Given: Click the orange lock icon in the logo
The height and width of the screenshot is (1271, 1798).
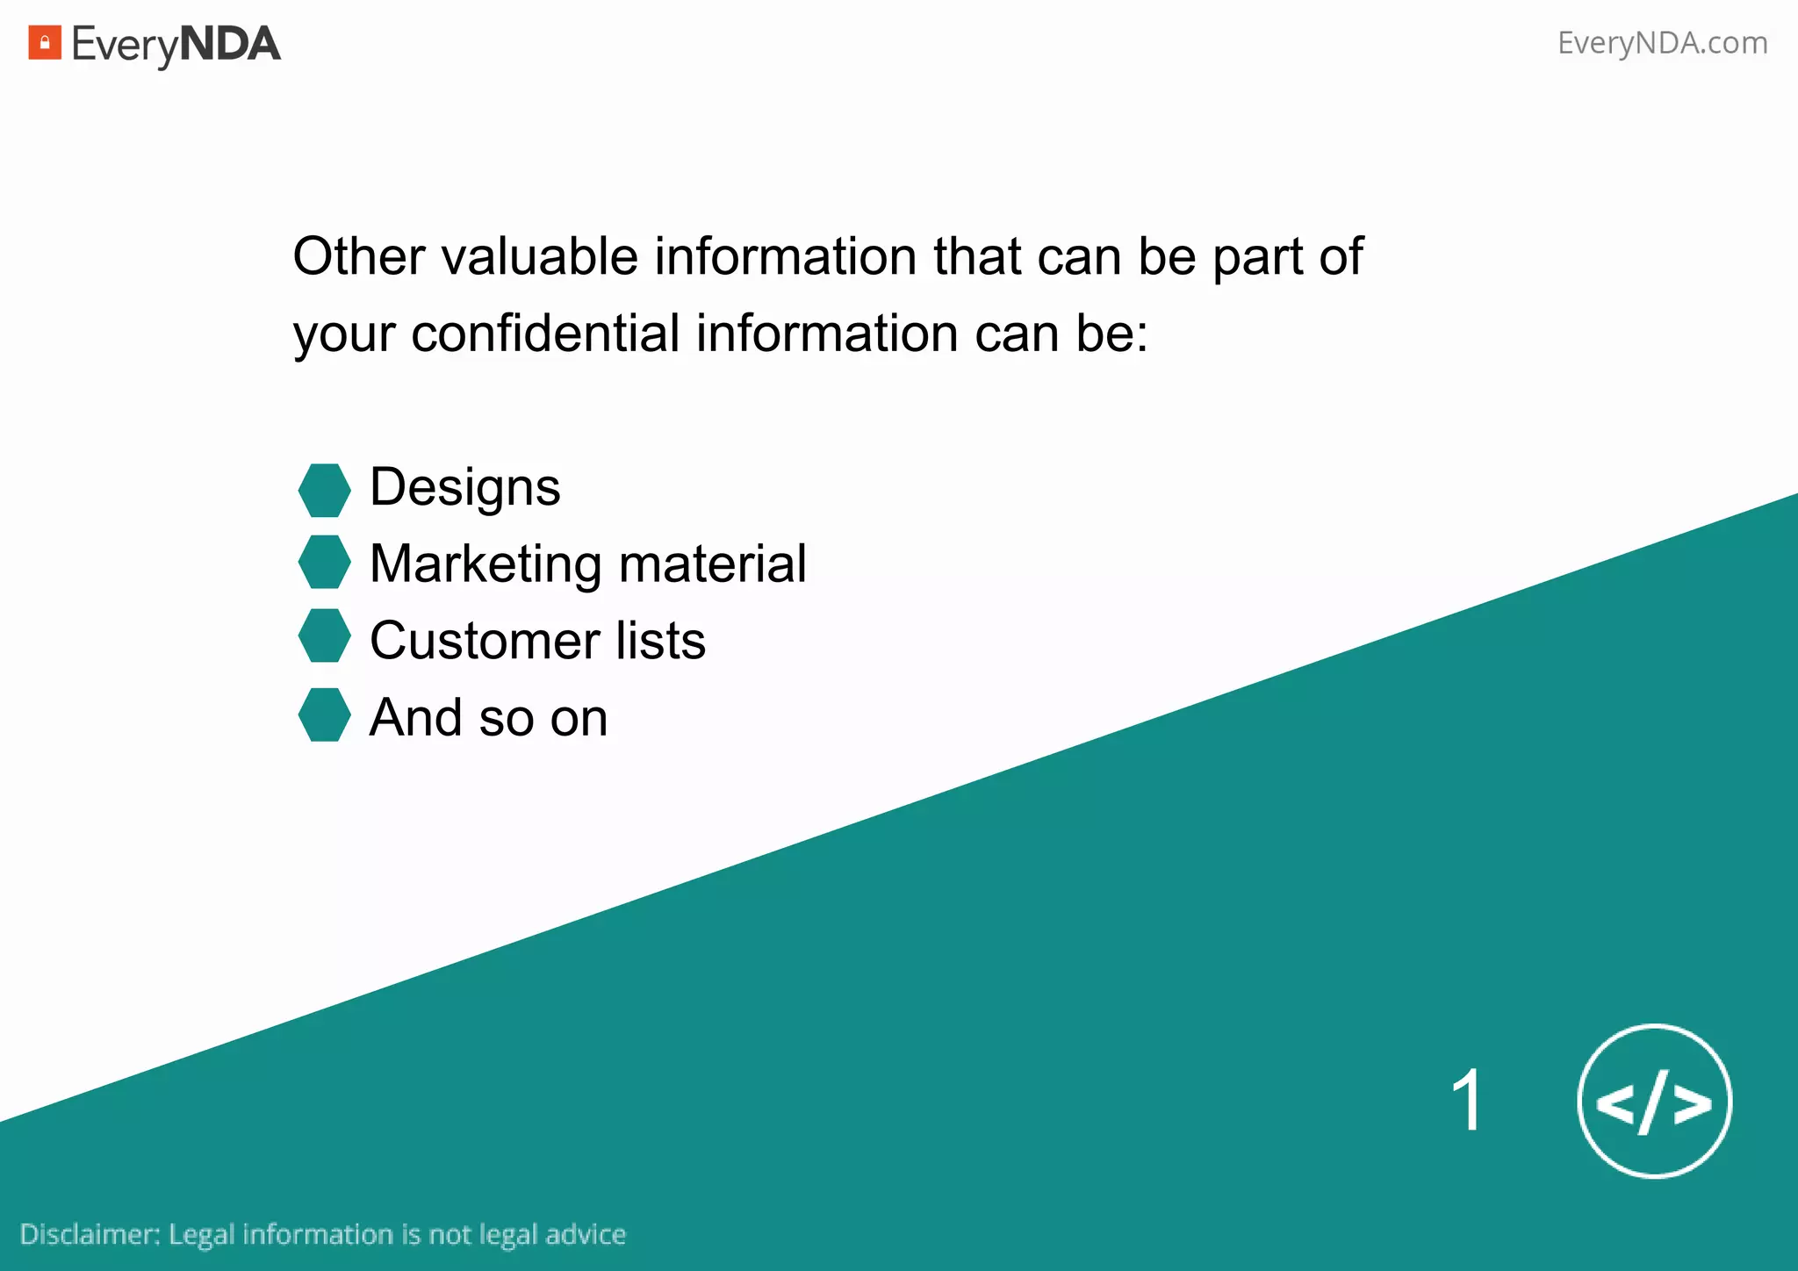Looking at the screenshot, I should pyautogui.click(x=45, y=42).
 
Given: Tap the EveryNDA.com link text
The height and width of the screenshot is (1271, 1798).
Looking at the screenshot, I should pyautogui.click(x=1662, y=42).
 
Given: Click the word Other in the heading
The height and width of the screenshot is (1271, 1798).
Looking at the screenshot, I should pyautogui.click(x=357, y=256).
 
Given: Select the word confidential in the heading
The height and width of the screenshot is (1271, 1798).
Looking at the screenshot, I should pyautogui.click(x=545, y=334).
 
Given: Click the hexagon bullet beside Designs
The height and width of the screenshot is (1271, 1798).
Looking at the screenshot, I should pyautogui.click(x=324, y=490).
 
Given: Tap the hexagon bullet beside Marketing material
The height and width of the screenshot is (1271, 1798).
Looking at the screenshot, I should pyautogui.click(x=324, y=562).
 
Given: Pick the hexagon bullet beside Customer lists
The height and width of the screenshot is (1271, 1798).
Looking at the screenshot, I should pyautogui.click(x=324, y=635).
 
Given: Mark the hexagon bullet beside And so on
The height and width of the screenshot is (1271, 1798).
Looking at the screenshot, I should pyautogui.click(x=324, y=714).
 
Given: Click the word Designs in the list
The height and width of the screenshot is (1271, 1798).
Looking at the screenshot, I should pyautogui.click(x=464, y=488).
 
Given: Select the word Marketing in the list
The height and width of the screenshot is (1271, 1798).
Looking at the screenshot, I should pyautogui.click(x=485, y=564).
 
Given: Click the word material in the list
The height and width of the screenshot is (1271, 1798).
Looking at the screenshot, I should pyautogui.click(x=712, y=563).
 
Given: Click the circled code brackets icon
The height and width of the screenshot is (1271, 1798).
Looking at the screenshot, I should pyautogui.click(x=1654, y=1101).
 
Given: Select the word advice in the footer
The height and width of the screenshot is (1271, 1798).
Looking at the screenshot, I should pyautogui.click(x=586, y=1234).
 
